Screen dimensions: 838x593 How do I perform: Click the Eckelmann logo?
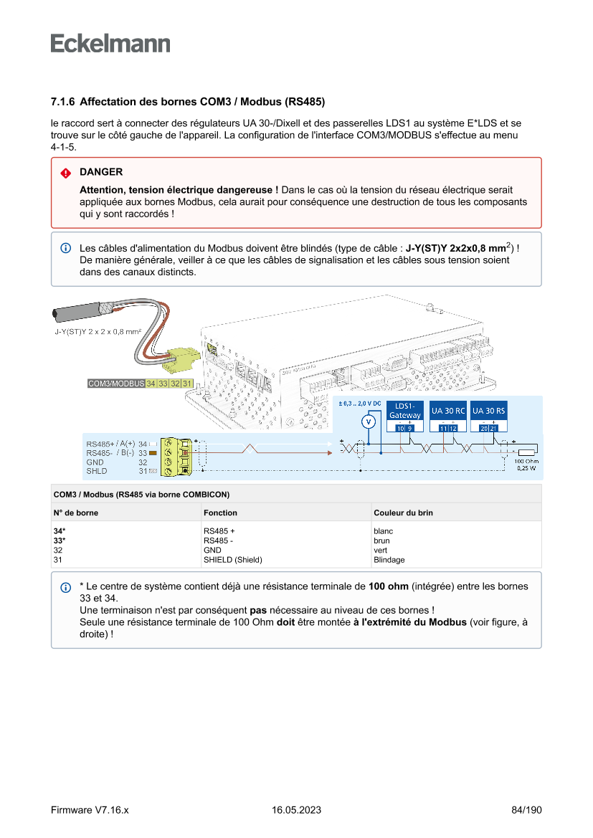[x=110, y=44]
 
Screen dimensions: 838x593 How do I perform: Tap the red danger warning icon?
[x=65, y=173]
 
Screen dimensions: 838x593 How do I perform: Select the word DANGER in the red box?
[x=101, y=172]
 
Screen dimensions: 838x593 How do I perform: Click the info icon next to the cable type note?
[x=65, y=248]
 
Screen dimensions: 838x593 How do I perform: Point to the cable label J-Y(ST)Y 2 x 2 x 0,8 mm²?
[x=98, y=332]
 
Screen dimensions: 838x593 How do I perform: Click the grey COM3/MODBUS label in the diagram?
[x=115, y=384]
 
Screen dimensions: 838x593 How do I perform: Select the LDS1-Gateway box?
[x=405, y=411]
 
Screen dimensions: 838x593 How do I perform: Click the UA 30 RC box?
[x=448, y=411]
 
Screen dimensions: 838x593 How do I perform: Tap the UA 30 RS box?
[x=489, y=411]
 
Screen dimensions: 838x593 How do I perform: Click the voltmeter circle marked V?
[x=369, y=422]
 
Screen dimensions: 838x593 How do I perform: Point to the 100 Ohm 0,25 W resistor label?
[x=526, y=465]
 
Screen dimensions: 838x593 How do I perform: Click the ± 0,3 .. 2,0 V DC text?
[x=359, y=404]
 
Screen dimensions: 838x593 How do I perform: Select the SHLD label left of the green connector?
[x=97, y=471]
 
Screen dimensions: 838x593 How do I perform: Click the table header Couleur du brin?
[x=403, y=513]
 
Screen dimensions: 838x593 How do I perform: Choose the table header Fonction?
[x=220, y=513]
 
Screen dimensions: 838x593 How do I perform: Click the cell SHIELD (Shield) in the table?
[x=232, y=560]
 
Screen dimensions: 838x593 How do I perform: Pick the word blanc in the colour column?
[x=383, y=531]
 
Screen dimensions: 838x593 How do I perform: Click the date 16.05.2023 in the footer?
[x=296, y=810]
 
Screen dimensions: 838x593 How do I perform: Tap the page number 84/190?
[x=526, y=810]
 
